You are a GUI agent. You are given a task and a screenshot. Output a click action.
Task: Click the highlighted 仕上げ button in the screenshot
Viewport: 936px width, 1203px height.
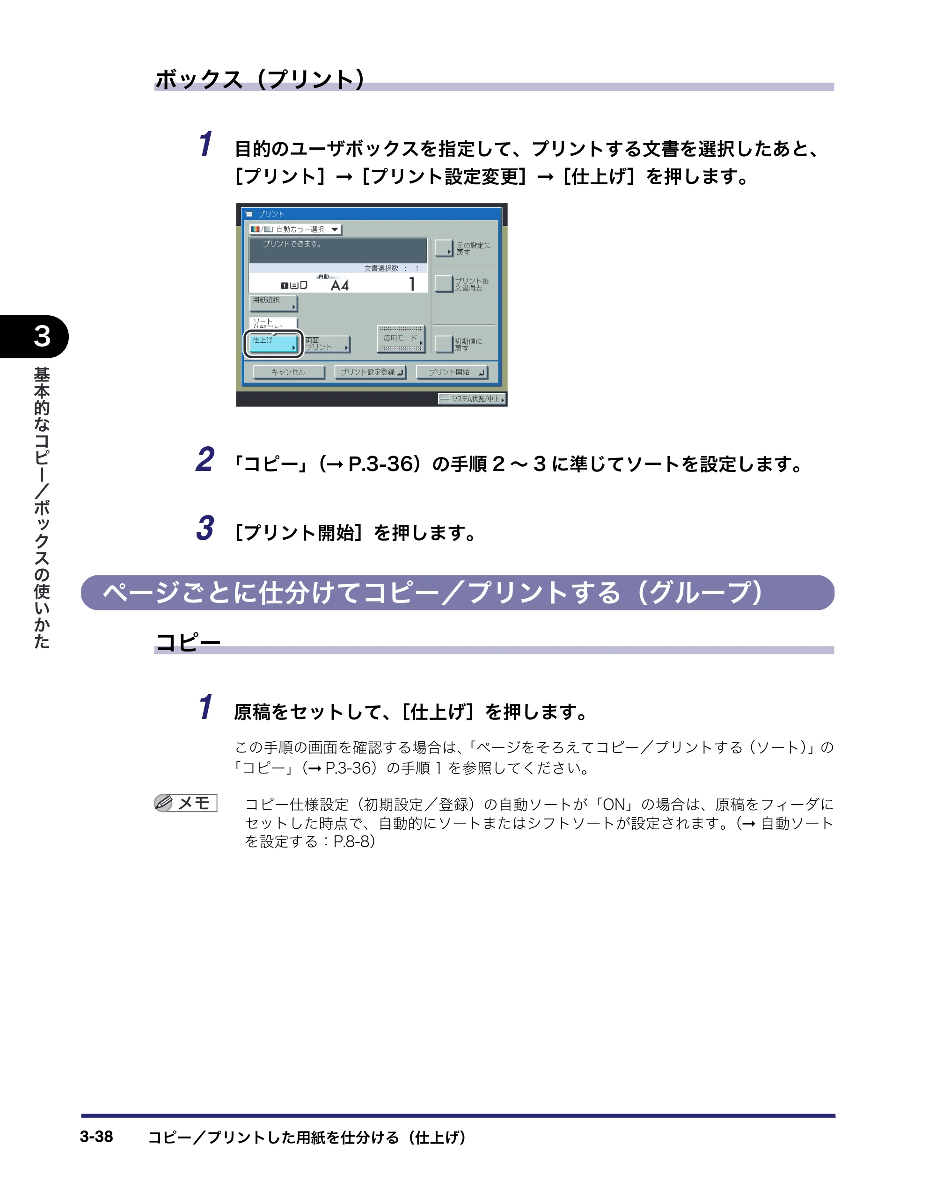pyautogui.click(x=273, y=344)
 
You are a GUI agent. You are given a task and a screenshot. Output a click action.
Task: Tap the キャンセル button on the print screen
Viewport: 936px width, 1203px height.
pyautogui.click(x=288, y=372)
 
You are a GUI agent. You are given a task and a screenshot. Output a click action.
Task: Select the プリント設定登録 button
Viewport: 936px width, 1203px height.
pyautogui.click(x=370, y=372)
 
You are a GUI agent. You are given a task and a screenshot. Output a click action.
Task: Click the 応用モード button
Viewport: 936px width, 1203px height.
pyautogui.click(x=401, y=338)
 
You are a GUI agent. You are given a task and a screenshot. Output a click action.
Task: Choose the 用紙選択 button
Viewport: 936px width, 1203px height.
pyautogui.click(x=273, y=303)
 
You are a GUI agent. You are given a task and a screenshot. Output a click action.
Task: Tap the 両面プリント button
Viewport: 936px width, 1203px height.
pyautogui.click(x=328, y=344)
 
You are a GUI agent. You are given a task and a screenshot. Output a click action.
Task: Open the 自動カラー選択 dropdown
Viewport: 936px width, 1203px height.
pyautogui.click(x=295, y=229)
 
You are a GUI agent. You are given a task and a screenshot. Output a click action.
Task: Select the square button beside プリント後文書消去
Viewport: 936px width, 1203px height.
pyautogui.click(x=443, y=283)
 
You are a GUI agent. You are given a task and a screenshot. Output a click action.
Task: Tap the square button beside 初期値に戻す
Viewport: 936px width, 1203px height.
pyautogui.click(x=443, y=344)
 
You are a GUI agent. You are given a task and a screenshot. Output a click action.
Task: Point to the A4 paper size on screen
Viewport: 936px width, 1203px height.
pyautogui.click(x=340, y=285)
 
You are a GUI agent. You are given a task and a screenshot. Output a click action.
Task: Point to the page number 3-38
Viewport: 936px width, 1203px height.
pyautogui.click(x=96, y=1137)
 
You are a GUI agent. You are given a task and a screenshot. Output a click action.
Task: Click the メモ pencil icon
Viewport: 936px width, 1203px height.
pyautogui.click(x=164, y=803)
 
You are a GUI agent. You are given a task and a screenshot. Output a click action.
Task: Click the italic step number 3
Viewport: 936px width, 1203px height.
pyautogui.click(x=205, y=528)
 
